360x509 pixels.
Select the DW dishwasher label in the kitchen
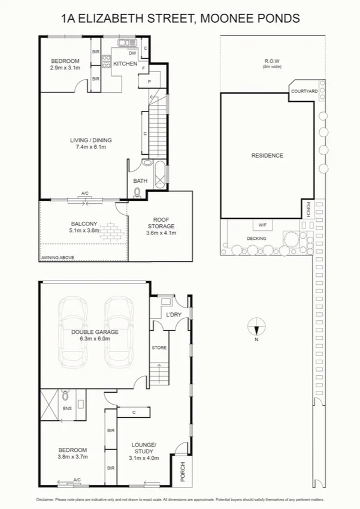(x=132, y=53)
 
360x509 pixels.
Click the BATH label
(x=140, y=180)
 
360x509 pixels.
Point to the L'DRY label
(x=174, y=315)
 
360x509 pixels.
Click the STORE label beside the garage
(x=159, y=348)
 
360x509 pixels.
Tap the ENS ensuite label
(x=66, y=408)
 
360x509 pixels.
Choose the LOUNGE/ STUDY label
(x=144, y=448)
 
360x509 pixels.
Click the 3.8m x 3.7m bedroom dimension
(x=72, y=457)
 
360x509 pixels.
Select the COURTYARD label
(x=304, y=91)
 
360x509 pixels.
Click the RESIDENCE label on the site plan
(x=267, y=155)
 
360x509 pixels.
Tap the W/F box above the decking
(x=262, y=225)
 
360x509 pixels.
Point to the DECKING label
(x=256, y=238)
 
